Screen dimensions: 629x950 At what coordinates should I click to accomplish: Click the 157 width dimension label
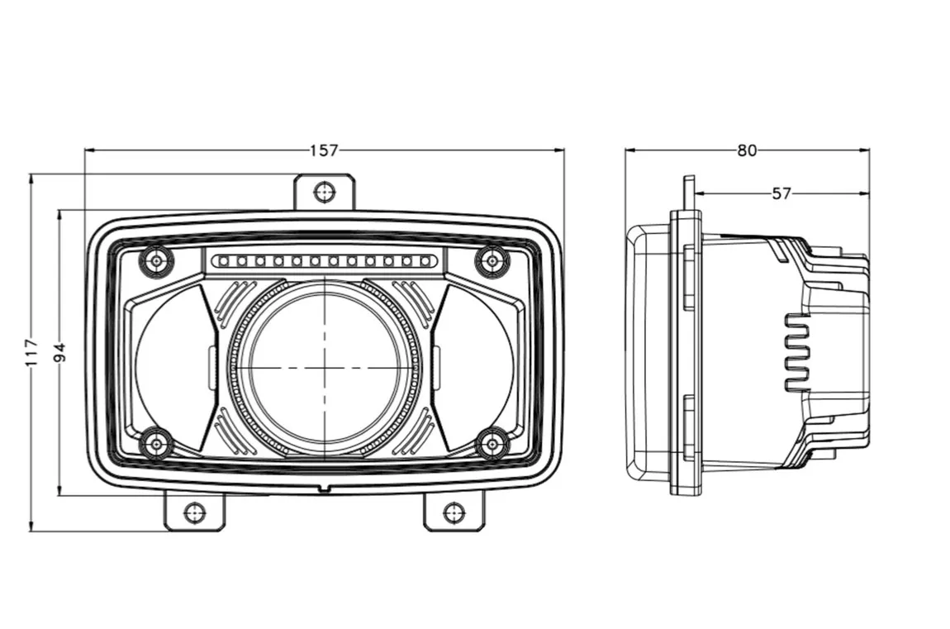click(324, 150)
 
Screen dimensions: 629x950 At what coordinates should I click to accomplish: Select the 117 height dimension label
click(31, 352)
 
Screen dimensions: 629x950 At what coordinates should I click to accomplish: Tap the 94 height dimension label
click(59, 352)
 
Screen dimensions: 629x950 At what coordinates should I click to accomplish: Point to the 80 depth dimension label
click(747, 150)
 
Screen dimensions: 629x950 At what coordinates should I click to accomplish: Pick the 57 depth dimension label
click(781, 193)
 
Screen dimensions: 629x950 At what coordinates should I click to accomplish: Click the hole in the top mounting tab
click(325, 192)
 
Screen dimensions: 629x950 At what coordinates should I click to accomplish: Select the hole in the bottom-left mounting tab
click(194, 512)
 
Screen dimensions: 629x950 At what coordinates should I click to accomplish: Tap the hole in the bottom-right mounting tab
click(454, 512)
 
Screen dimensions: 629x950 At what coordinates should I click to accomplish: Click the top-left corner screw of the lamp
click(156, 262)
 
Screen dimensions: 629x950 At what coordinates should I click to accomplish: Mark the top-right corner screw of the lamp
click(492, 262)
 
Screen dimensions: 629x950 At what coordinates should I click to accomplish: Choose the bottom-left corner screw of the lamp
click(156, 444)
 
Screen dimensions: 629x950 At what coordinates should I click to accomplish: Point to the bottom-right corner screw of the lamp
click(492, 444)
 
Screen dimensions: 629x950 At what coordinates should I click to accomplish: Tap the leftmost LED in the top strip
click(222, 262)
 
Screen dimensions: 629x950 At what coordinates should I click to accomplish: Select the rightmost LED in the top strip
click(426, 262)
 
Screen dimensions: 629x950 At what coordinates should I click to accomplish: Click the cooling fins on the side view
click(798, 352)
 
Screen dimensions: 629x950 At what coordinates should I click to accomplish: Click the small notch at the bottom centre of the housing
click(325, 488)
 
